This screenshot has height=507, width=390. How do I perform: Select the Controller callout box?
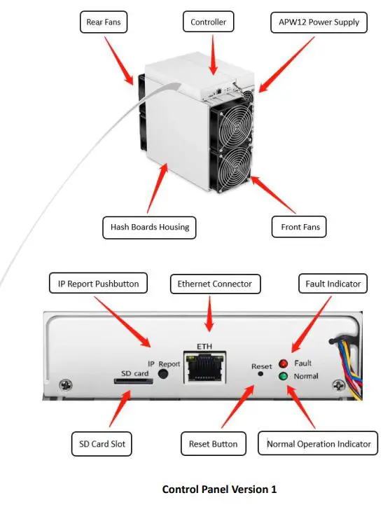point(208,22)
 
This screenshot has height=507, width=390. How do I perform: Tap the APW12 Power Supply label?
point(314,22)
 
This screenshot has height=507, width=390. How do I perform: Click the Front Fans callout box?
point(299,227)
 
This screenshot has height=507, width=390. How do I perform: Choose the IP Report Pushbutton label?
point(98,284)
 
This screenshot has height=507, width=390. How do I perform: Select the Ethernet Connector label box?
point(215,284)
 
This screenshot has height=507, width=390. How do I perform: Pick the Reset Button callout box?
point(213,443)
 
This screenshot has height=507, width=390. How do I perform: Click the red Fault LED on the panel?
point(284,363)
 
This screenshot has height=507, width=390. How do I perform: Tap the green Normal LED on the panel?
point(284,377)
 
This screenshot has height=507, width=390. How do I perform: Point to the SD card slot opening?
point(127,382)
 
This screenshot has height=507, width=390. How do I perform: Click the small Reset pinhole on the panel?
point(260,373)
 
